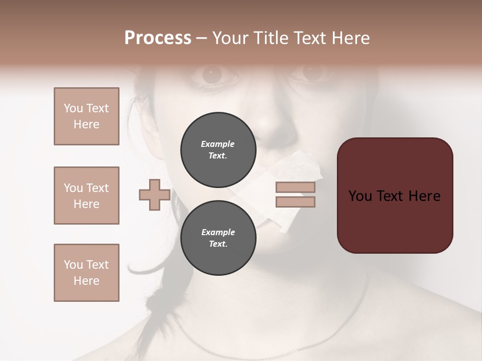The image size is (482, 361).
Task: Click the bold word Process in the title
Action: (x=158, y=38)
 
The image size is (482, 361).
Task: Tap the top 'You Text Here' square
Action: (x=86, y=116)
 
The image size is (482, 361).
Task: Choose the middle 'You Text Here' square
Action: (x=86, y=196)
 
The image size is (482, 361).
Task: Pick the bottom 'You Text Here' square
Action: (x=86, y=273)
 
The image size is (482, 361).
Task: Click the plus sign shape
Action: (x=155, y=195)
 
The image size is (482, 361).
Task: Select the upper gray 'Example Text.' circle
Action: (x=218, y=149)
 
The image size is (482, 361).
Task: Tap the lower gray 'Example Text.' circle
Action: (x=218, y=238)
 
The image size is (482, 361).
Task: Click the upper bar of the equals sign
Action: (x=295, y=187)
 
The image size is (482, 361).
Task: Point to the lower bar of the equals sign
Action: (x=295, y=202)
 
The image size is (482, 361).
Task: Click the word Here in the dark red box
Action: (x=424, y=196)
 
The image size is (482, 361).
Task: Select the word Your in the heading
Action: (x=231, y=38)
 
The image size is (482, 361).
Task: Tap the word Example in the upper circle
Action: (x=218, y=144)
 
